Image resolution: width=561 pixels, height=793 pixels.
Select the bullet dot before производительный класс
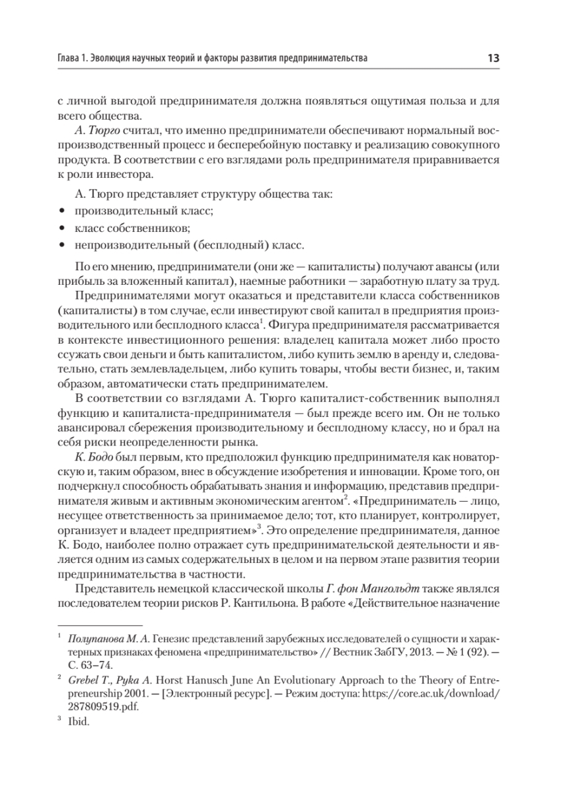point(63,211)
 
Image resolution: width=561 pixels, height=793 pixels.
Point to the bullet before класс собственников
point(63,228)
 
